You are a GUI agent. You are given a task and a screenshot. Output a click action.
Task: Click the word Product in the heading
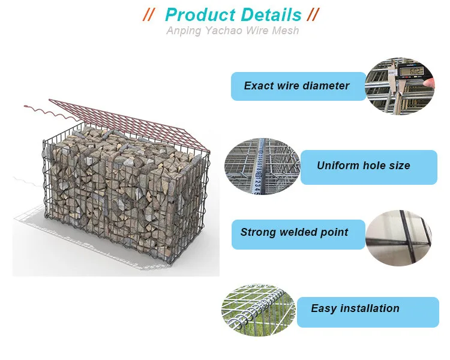point(200,15)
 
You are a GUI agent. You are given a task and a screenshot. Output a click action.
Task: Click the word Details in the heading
point(271,15)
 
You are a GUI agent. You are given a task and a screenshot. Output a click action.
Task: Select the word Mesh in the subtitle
point(285,30)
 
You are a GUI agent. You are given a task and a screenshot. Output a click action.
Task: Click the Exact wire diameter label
point(298,86)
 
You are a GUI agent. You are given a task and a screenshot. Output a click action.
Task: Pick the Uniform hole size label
point(369,167)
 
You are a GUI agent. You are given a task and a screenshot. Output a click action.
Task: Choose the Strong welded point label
point(298,234)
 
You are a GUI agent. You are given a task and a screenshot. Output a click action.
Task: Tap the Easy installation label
point(368,312)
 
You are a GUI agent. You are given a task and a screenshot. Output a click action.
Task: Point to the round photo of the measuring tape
point(262,167)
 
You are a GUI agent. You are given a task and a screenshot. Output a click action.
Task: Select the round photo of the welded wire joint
point(399,238)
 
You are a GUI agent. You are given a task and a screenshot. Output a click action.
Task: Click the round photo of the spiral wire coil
point(258,310)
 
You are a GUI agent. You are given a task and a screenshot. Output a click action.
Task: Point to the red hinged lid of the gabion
point(129,123)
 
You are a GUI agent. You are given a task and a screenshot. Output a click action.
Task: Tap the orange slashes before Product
point(149,14)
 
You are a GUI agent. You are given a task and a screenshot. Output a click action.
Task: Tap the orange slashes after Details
point(313,14)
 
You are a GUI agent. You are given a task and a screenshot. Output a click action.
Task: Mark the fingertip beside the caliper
point(430,83)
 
